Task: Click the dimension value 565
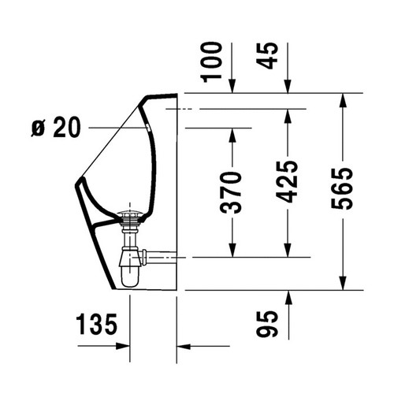[342, 188]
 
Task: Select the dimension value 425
[287, 182]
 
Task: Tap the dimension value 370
[231, 192]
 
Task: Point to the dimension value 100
[211, 62]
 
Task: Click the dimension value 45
[267, 56]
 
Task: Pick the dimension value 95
[267, 324]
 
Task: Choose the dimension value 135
[96, 324]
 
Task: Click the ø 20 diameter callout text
[56, 128]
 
